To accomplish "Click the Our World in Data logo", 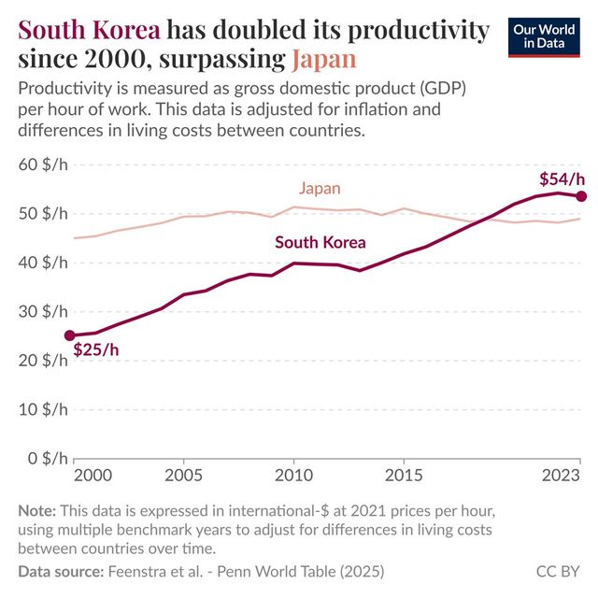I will click(544, 36).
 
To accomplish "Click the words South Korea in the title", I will click(89, 31).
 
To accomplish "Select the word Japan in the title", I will click(323, 61).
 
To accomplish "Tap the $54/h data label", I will click(562, 178).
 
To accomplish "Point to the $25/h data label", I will click(96, 350).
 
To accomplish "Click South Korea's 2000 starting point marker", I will click(69, 335).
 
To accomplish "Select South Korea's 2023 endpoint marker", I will click(580, 196).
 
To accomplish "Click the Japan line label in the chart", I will click(320, 189).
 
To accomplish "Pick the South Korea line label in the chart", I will click(320, 242).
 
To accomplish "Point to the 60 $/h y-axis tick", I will click(43, 165).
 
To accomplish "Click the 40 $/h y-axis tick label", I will click(43, 263).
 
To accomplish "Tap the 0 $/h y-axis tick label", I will click(47, 459).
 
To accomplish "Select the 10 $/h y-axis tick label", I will click(43, 410).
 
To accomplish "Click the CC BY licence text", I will click(558, 570).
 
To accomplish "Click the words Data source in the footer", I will click(62, 570).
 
